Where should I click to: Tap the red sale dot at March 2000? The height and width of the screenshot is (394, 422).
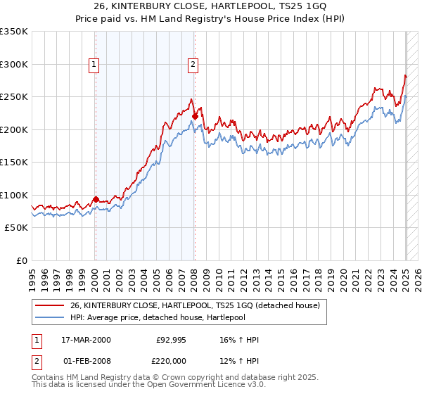96,199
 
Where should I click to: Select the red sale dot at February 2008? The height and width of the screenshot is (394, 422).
195,117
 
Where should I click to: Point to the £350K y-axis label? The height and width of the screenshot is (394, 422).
14,32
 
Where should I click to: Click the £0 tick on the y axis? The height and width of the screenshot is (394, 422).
21,260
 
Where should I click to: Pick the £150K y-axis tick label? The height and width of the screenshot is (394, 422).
14,162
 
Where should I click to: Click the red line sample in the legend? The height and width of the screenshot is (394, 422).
50,305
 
